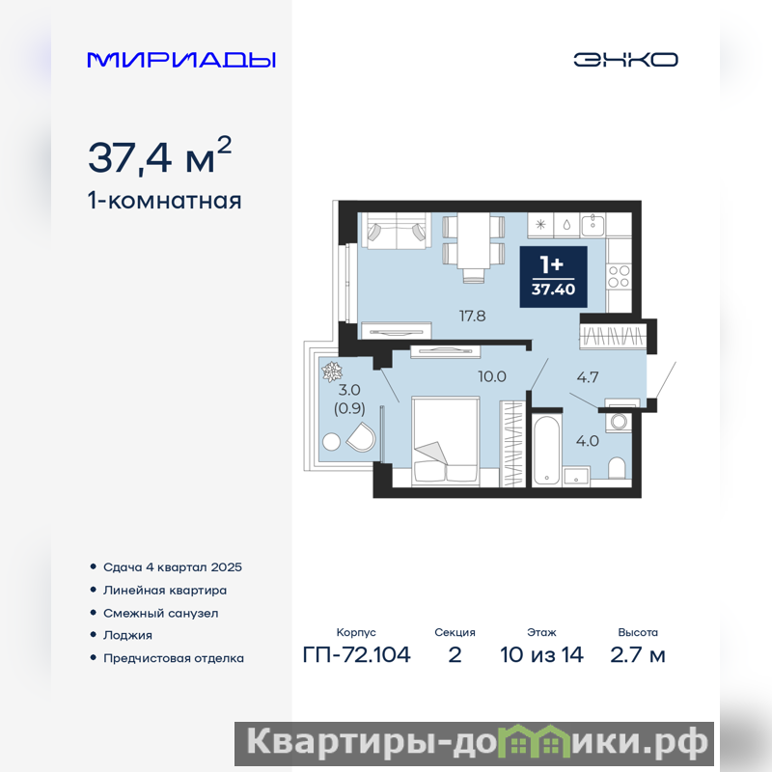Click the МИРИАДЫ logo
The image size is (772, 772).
point(181,60)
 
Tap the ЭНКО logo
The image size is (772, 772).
point(625,60)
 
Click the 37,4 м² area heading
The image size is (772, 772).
point(159,155)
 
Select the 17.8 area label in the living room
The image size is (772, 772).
point(472,317)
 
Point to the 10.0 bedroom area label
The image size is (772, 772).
point(492,376)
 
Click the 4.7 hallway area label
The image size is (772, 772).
point(588,377)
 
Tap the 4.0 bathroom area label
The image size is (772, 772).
point(588,441)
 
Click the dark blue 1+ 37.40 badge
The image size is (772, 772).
point(553,277)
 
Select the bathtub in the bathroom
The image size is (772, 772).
point(546,449)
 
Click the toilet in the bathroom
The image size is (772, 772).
point(617,468)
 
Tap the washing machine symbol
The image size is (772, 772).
point(619,422)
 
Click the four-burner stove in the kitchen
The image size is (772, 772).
point(619,276)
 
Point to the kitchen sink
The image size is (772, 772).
point(593,225)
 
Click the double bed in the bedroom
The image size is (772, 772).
point(446,441)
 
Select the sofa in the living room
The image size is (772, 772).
point(396,231)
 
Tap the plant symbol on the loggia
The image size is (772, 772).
point(332,372)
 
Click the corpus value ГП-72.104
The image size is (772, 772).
point(356,655)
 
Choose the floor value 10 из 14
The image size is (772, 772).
point(541,655)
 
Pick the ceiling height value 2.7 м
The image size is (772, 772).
point(638,655)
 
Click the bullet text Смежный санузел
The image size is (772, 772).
point(160,614)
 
